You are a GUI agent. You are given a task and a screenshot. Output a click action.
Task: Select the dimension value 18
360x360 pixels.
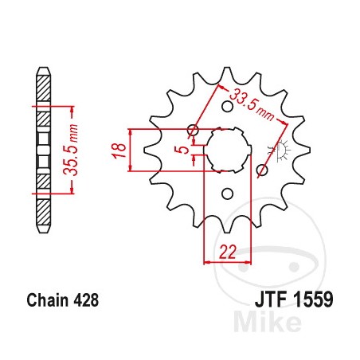(x=116, y=149)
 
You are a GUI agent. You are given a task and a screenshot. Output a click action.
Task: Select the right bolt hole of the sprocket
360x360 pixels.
(x=262, y=169)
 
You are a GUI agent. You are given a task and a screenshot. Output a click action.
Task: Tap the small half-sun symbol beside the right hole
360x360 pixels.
(x=279, y=150)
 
